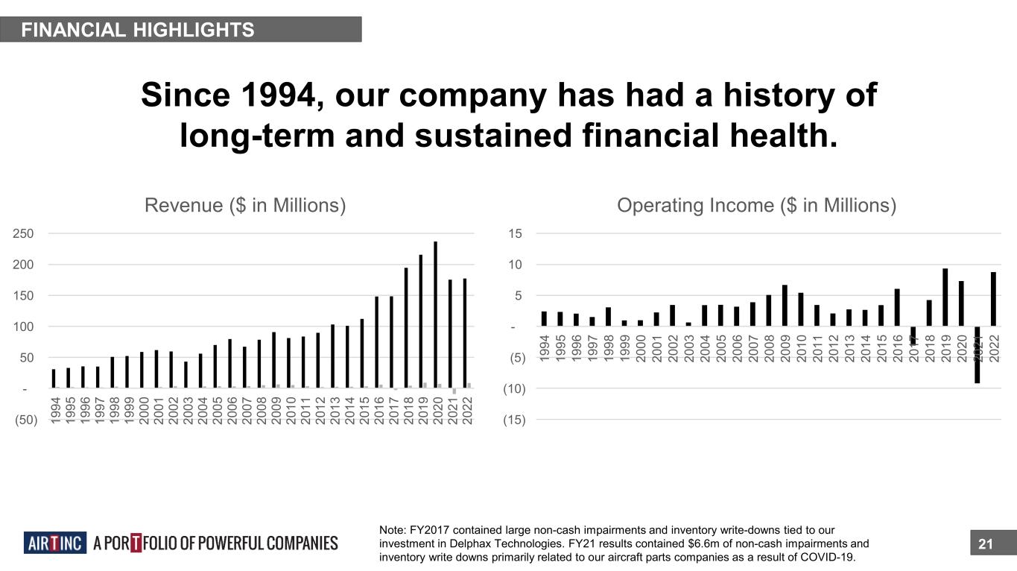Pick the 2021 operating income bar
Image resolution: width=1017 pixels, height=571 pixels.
click(978, 355)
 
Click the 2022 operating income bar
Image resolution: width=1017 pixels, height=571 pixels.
click(993, 300)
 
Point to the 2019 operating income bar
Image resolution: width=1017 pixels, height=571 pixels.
click(945, 297)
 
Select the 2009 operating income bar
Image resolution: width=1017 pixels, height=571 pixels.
click(785, 306)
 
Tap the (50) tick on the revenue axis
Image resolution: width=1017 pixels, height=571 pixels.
click(22, 420)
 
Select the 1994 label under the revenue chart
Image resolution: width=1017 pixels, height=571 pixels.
click(56, 411)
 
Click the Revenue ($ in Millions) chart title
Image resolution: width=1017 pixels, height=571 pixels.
click(244, 205)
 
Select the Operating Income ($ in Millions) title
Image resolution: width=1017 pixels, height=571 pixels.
click(757, 205)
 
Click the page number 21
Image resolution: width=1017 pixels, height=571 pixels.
click(986, 545)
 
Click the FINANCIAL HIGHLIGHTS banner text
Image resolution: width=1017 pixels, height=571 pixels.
click(138, 30)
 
